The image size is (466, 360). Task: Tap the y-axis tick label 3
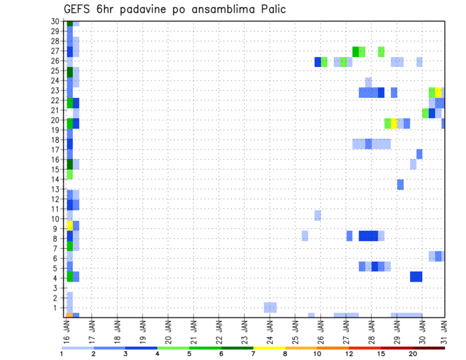[x=57, y=288]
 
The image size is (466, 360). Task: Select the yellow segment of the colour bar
[x=269, y=348]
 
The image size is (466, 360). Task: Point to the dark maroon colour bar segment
[x=429, y=348]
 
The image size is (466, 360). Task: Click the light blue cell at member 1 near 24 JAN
[x=270, y=308]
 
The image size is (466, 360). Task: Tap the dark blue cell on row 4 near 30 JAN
[x=416, y=277]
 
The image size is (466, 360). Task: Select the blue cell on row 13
[x=400, y=184]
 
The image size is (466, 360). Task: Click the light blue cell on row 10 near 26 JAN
[x=317, y=215]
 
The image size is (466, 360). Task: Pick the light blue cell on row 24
[x=368, y=81]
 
